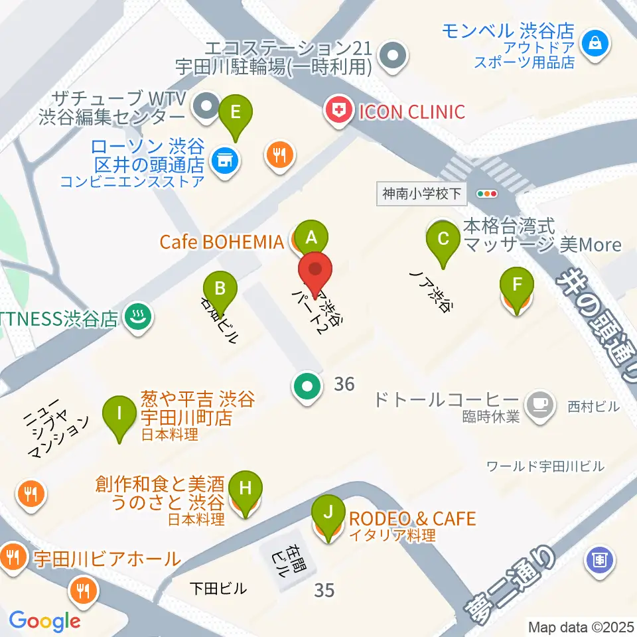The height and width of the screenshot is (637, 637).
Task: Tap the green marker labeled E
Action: coord(235,112)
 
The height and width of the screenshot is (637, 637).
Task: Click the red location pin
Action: coord(315,271)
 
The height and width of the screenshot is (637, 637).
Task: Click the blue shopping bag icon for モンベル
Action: coord(590,44)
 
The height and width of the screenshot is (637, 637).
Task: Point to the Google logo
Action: coord(44,621)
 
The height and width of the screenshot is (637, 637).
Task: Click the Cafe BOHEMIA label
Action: coord(222,242)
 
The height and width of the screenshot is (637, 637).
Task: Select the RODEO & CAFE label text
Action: coord(413,518)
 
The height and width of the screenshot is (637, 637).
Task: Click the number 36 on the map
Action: coord(344,384)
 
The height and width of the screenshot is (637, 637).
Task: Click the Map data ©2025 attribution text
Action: coord(581,626)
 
